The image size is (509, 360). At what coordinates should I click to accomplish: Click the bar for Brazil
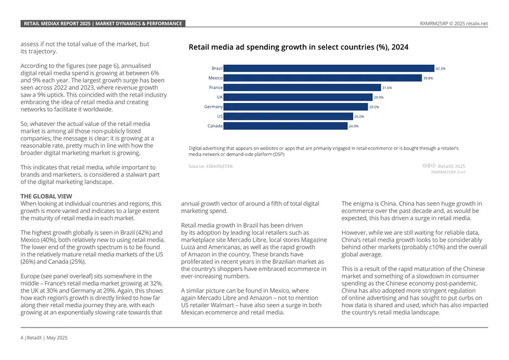click(329, 68)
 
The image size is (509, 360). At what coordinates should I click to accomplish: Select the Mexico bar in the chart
click(323, 78)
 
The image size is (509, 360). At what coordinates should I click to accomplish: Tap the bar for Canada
click(285, 126)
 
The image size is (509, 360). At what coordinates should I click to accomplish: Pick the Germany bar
click(296, 107)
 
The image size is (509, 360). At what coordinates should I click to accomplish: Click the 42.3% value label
click(440, 69)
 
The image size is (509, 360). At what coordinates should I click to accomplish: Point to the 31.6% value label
click(387, 88)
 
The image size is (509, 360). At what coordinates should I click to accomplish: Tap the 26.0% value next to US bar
click(359, 116)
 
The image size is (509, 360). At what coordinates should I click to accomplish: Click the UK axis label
click(220, 97)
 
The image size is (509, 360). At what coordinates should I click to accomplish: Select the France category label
click(216, 87)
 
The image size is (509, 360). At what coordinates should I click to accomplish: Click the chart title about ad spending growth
click(298, 47)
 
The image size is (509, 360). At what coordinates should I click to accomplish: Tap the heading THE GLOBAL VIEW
click(46, 196)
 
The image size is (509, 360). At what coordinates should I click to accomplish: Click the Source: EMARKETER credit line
click(211, 166)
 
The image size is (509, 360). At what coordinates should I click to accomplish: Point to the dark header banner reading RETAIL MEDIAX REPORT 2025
click(103, 24)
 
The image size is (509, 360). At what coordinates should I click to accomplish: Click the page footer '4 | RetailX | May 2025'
click(44, 338)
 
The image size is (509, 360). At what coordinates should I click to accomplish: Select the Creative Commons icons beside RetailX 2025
click(429, 165)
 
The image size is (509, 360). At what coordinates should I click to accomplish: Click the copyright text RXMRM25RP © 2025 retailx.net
click(454, 24)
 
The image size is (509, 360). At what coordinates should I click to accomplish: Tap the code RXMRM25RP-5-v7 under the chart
click(448, 172)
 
